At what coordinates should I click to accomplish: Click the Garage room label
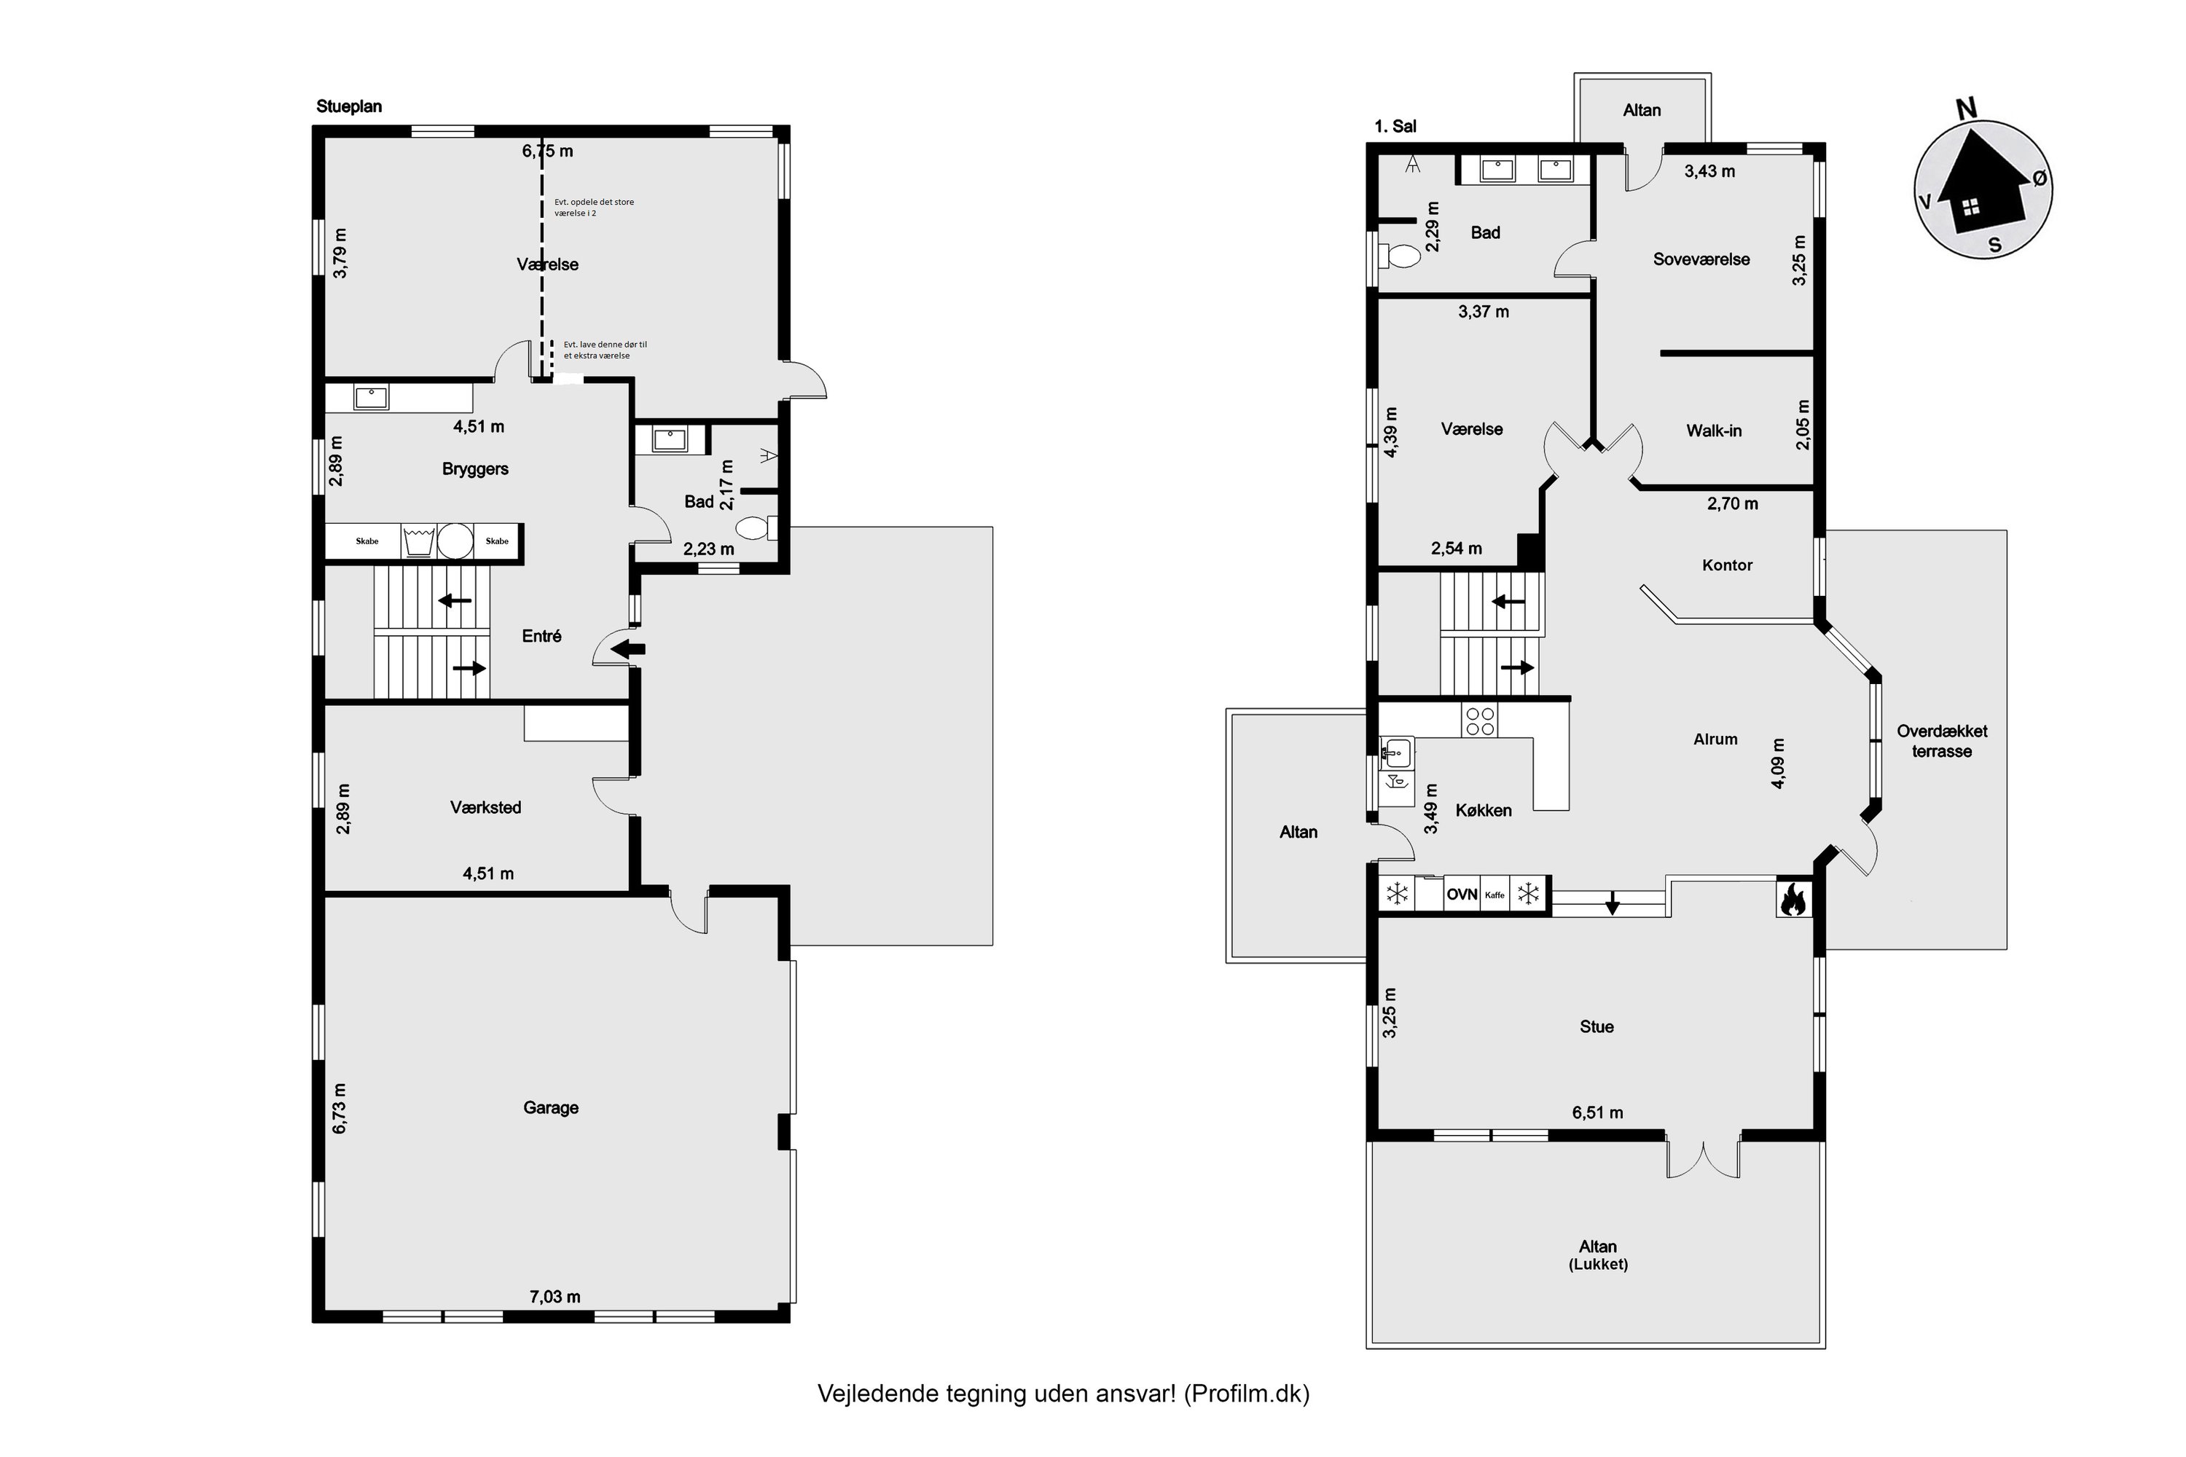550,1107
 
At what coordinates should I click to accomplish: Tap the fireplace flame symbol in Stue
1794,898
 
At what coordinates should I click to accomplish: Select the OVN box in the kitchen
1462,895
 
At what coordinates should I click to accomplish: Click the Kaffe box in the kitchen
1494,895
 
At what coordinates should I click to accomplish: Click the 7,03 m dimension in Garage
555,1296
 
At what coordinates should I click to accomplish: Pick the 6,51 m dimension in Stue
1598,1112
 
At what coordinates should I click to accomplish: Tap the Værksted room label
485,807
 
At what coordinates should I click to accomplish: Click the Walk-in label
1714,431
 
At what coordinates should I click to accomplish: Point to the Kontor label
1727,565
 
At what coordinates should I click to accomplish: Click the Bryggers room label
475,469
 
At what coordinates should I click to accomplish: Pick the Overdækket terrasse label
1942,742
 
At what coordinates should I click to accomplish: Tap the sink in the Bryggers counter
371,398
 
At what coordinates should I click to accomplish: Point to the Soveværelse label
1701,259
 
